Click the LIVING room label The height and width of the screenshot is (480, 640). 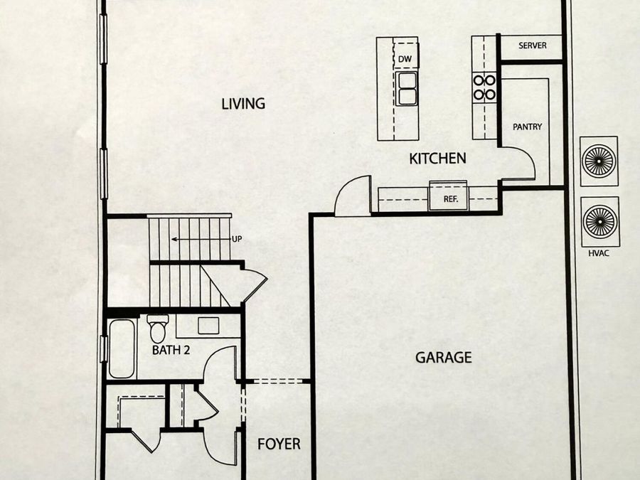(243, 104)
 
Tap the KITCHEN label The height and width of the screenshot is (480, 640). (437, 159)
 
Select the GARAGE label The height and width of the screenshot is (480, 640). (443, 358)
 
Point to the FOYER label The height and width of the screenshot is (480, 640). (279, 444)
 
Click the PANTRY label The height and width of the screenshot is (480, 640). (528, 127)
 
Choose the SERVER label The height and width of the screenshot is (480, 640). (533, 46)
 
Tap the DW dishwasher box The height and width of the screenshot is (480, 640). (405, 59)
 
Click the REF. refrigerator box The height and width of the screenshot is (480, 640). (449, 199)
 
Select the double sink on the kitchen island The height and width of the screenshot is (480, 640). (407, 88)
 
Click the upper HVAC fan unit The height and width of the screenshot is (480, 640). (600, 161)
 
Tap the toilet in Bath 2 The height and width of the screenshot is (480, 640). (158, 328)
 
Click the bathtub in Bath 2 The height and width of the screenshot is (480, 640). (122, 349)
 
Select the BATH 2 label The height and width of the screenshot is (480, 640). (171, 350)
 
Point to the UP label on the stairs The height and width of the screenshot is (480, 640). (238, 239)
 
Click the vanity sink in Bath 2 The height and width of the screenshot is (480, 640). (208, 325)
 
